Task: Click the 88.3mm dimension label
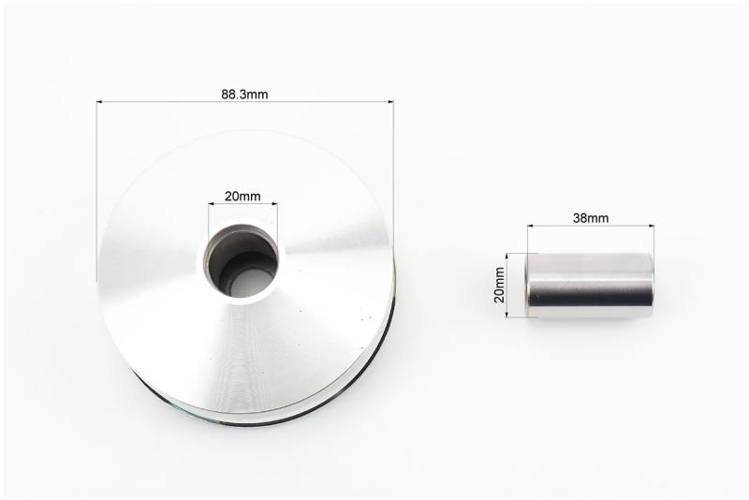click(x=244, y=95)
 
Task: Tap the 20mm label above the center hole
click(x=242, y=196)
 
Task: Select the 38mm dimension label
click(x=591, y=218)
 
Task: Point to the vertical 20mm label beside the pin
click(x=499, y=285)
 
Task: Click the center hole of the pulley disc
click(x=242, y=262)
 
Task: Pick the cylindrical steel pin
click(x=589, y=285)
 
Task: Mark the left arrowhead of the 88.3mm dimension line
click(x=100, y=102)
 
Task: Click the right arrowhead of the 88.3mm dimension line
click(x=390, y=102)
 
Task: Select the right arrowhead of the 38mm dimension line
click(x=651, y=226)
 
